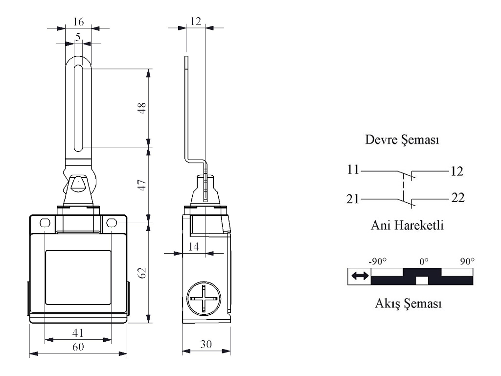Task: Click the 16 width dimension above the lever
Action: (x=78, y=22)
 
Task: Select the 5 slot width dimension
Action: (x=78, y=37)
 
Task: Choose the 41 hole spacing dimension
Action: (x=78, y=333)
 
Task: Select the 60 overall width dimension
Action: (x=78, y=347)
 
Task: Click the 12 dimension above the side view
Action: (x=196, y=21)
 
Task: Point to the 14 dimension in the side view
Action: (x=194, y=247)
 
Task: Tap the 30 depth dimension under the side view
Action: (x=206, y=344)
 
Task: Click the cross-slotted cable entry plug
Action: (x=204, y=299)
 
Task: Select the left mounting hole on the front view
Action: (x=45, y=223)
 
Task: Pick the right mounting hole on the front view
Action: (x=111, y=223)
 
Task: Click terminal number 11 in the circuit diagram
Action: (x=353, y=169)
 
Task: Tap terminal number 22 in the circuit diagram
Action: (x=457, y=198)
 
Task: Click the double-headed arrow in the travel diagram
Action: (x=360, y=276)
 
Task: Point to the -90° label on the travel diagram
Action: (x=377, y=261)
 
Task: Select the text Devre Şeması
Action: (x=402, y=140)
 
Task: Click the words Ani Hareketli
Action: (x=407, y=225)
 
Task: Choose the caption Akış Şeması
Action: (x=408, y=303)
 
